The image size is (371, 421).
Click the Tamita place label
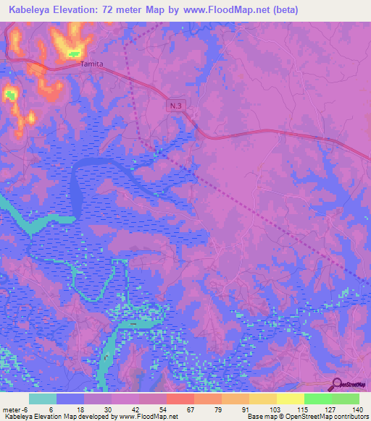(x=91, y=64)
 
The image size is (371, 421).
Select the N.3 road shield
(x=173, y=106)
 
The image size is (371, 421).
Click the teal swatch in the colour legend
(x=43, y=399)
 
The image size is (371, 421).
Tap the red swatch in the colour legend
(x=180, y=399)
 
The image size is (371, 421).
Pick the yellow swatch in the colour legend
(x=291, y=399)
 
